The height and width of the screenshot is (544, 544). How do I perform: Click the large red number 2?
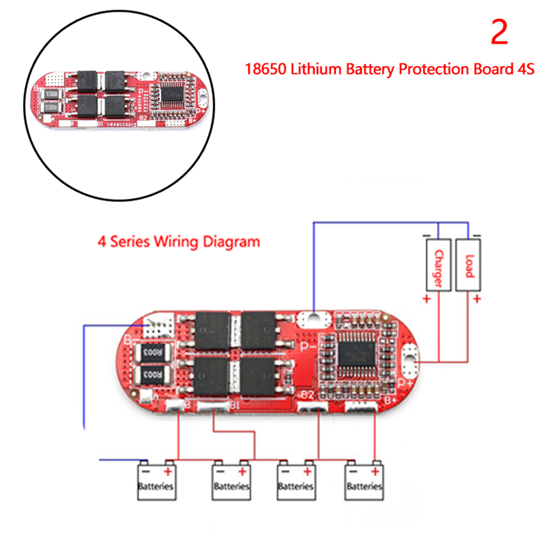499,33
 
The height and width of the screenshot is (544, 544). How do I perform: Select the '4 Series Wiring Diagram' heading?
178,241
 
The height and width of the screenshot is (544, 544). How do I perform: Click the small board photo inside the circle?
119,99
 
